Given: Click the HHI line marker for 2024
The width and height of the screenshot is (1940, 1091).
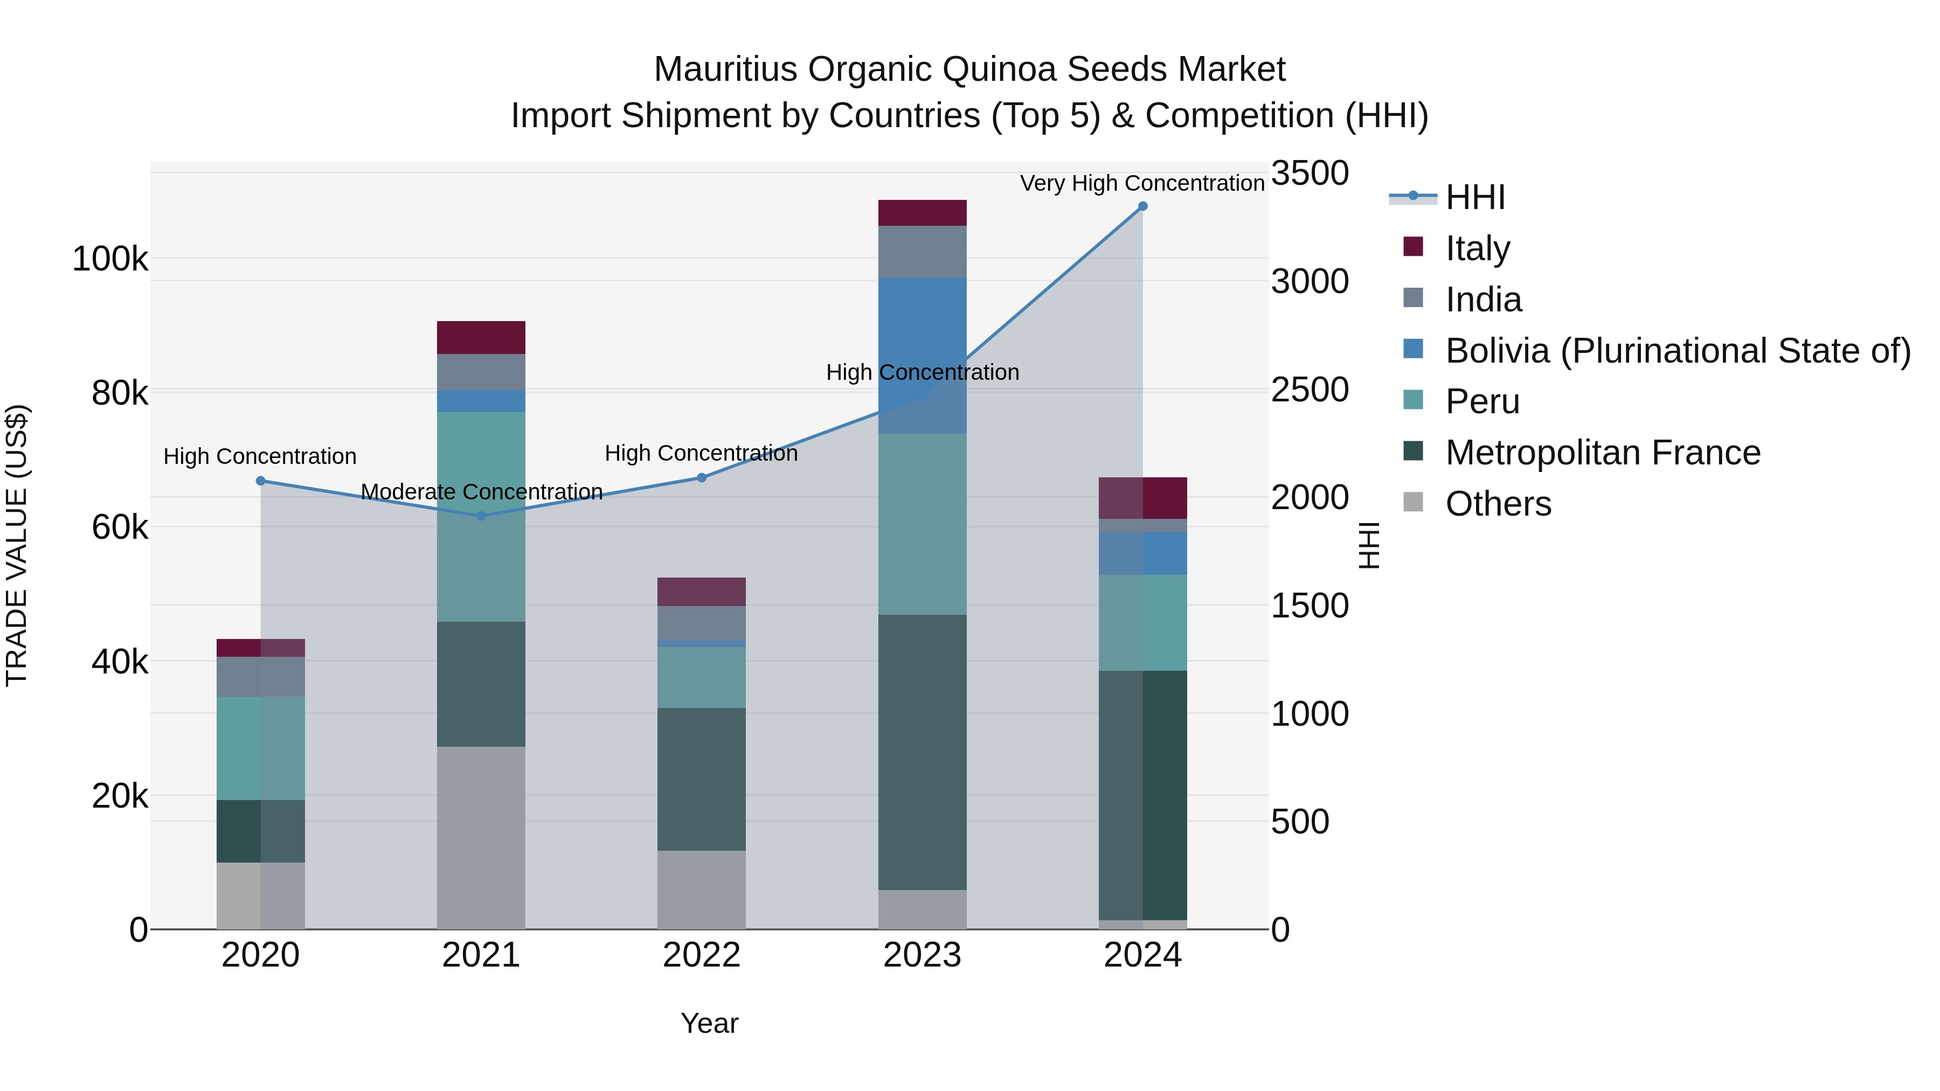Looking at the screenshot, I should coord(1142,206).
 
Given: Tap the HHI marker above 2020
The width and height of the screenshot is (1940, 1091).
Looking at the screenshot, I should coord(261,481).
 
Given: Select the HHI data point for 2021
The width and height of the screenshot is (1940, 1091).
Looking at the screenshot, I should coord(481,516).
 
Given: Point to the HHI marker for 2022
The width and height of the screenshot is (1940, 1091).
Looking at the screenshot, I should coord(702,477).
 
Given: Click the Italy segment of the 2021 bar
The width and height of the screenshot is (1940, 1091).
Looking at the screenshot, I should coord(481,337).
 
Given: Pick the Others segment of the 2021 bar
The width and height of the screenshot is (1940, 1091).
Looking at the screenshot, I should coord(481,837).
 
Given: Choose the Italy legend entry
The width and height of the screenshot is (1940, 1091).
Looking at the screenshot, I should coord(1478,248).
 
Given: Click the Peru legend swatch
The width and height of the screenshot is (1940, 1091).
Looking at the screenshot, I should coord(1414,400).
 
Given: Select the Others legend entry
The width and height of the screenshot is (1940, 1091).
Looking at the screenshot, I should coord(1498,504).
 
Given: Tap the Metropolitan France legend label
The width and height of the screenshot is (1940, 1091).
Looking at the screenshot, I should coord(1603,453).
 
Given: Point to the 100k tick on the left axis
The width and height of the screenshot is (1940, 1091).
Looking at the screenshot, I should coord(110,260).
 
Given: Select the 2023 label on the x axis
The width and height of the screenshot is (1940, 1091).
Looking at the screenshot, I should coord(922,955).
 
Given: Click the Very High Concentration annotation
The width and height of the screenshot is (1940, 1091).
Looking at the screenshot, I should coord(1142,183).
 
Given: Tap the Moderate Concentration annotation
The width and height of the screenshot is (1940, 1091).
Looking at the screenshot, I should coord(481,492).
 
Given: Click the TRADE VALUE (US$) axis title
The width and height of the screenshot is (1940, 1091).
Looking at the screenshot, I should coord(17,545).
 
